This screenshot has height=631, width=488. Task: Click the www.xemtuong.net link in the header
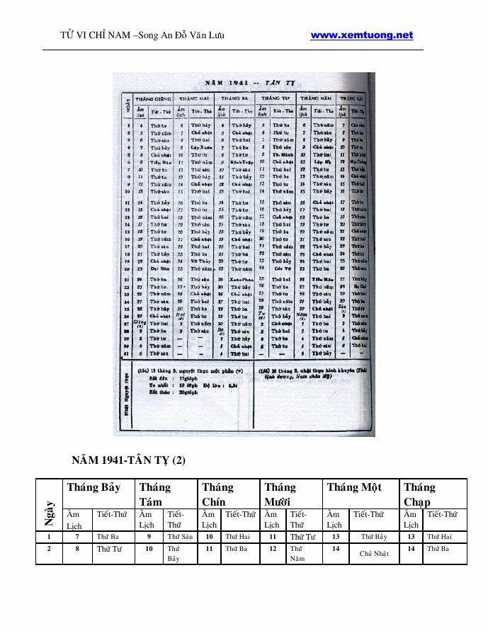tap(361, 35)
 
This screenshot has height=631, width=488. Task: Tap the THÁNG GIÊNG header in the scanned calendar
tap(154, 98)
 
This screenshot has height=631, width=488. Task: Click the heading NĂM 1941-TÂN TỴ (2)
tap(129, 460)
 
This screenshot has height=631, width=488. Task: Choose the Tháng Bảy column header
tap(93, 487)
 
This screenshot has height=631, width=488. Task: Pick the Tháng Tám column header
tap(155, 494)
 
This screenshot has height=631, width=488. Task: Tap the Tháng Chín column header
tap(217, 494)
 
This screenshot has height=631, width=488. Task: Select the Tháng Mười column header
tap(280, 494)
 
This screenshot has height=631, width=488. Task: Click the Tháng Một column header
tap(354, 487)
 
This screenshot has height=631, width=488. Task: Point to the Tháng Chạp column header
tap(419, 494)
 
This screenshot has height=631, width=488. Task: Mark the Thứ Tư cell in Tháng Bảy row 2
tap(109, 549)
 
